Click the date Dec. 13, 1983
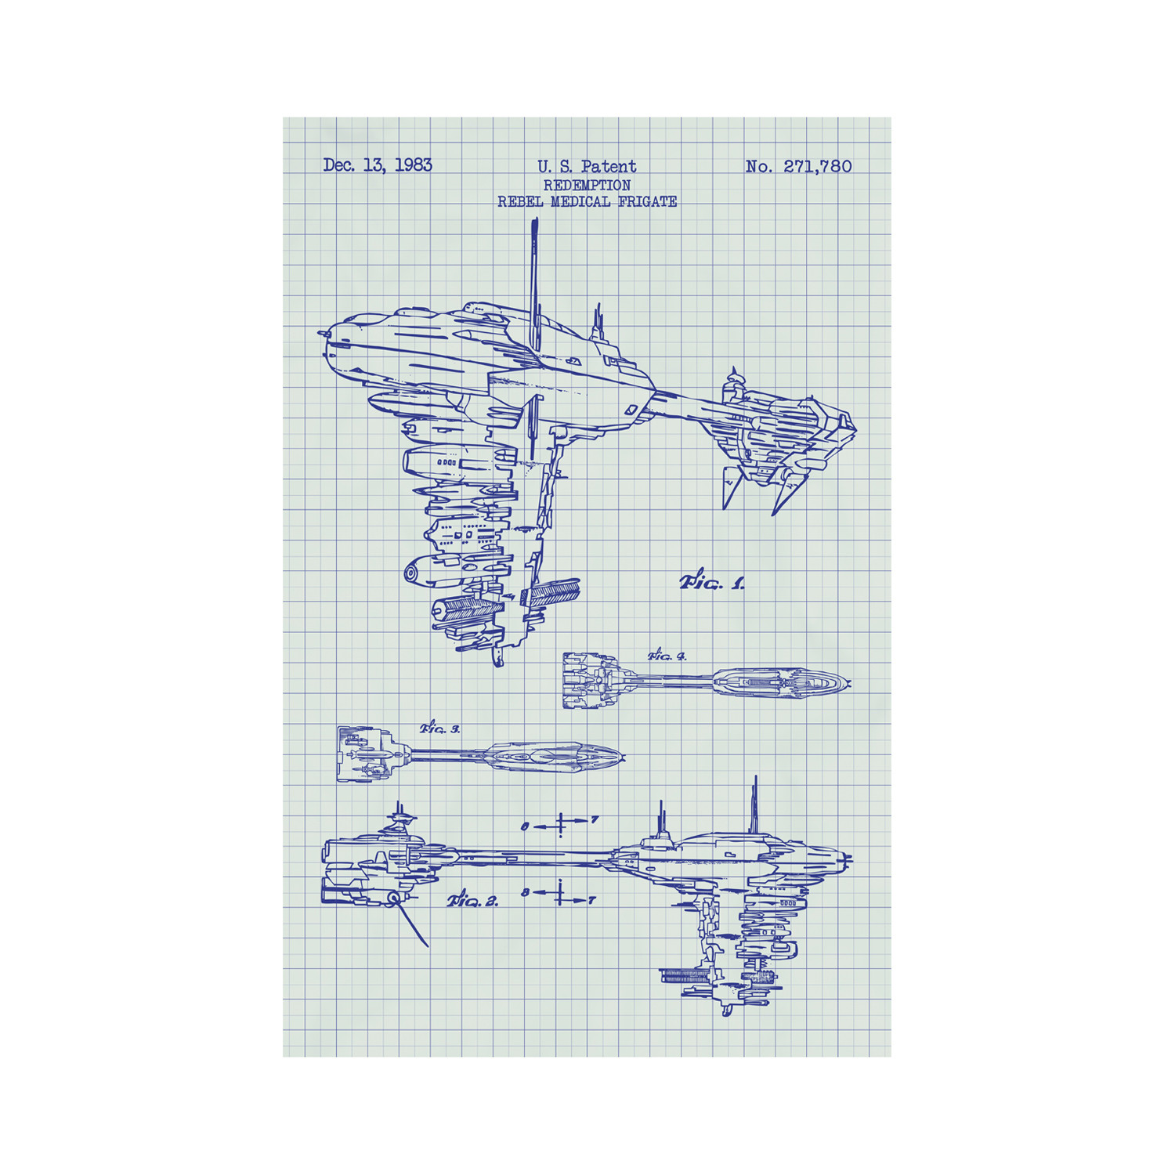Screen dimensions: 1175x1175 pos(377,165)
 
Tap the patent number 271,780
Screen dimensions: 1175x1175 pos(817,167)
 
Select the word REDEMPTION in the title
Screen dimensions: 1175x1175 pos(587,186)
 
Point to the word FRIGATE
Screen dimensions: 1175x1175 pos(648,202)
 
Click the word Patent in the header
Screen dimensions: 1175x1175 pos(609,167)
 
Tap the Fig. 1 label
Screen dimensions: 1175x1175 pos(712,582)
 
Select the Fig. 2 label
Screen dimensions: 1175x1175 pos(473,901)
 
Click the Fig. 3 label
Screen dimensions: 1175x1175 pos(440,728)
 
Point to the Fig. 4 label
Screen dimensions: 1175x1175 pos(667,656)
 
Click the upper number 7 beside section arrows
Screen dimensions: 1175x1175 pos(595,820)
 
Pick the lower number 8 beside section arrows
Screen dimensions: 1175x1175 pos(525,892)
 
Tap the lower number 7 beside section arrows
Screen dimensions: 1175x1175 pos(592,901)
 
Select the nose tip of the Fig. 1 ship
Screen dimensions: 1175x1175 pos(322,334)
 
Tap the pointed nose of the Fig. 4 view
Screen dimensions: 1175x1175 pos(848,683)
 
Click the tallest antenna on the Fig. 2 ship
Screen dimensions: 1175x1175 pos(754,803)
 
